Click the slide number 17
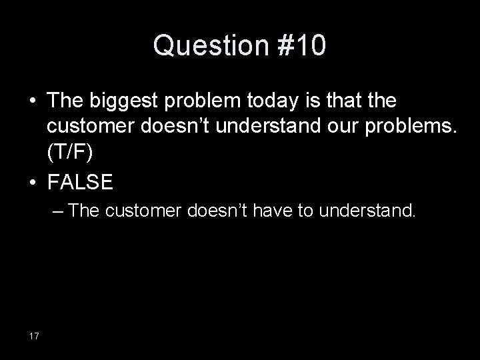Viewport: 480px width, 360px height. coord(35,335)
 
